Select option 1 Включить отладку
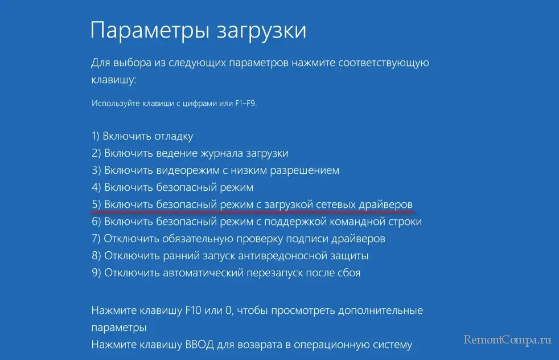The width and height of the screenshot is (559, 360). coord(142,136)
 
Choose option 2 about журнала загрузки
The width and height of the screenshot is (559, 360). coord(190,153)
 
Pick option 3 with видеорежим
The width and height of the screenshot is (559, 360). coord(215,170)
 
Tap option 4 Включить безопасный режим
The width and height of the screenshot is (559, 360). coord(172,187)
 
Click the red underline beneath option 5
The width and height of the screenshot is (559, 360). coord(252,211)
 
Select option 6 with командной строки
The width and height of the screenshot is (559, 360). coord(257,222)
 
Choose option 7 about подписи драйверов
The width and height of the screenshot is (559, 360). coord(239,239)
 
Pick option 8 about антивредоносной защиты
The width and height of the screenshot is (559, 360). coord(230,256)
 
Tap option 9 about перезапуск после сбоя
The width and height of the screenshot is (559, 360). coord(226,273)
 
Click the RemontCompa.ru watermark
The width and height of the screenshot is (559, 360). coord(508,339)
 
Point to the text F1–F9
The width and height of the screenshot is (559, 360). coord(246,104)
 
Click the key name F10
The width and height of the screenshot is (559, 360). coord(194,310)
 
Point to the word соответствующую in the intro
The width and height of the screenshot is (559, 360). coord(384,63)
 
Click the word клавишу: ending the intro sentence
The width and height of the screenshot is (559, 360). coord(114,80)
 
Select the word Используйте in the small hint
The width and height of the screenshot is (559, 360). coord(116,104)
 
